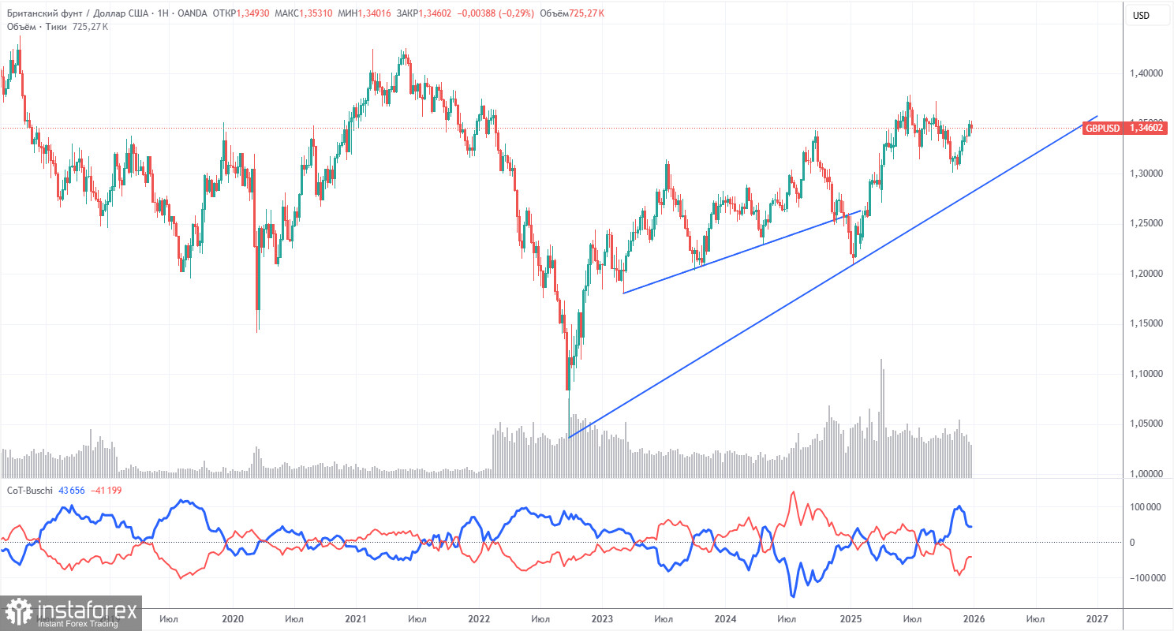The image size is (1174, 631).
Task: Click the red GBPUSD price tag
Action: pos(1112,128)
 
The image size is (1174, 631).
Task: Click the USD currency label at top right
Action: pos(1140,16)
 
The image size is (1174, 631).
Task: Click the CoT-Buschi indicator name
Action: pos(31,491)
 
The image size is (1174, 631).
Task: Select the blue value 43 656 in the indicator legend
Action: pos(77,491)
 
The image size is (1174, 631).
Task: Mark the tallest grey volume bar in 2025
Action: pos(881,418)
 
